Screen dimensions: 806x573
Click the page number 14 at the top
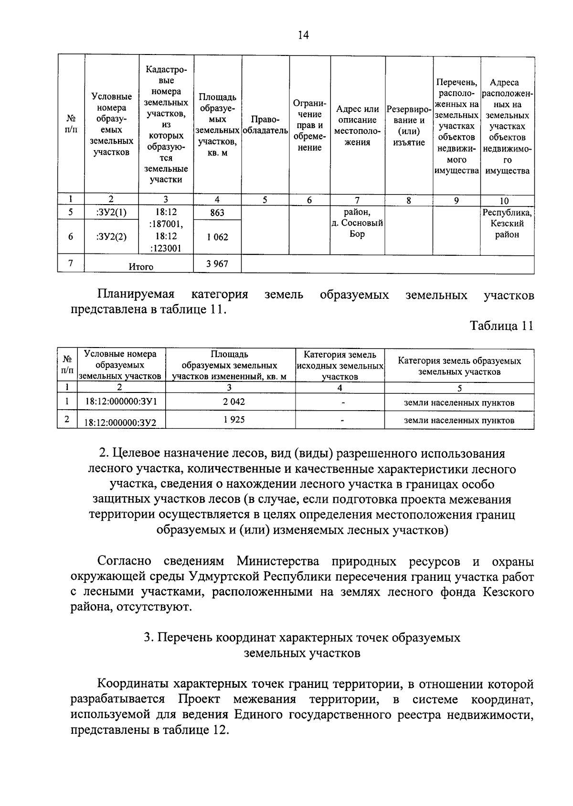point(303,35)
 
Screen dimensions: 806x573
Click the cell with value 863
point(217,213)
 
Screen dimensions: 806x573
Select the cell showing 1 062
point(217,237)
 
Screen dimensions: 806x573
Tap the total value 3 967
point(217,264)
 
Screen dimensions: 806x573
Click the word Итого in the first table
point(141,267)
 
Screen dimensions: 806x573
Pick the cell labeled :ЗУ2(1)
point(111,213)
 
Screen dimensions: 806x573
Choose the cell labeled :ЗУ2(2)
point(111,236)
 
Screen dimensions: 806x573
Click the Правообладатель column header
point(265,125)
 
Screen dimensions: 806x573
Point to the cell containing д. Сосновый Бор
point(358,223)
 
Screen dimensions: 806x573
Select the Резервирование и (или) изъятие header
point(409,125)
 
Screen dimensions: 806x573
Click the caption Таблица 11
point(501,326)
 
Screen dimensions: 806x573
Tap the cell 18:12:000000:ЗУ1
point(121,403)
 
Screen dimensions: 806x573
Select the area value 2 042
point(233,402)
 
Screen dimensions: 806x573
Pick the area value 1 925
point(233,420)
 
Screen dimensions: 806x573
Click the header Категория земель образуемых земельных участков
point(459,366)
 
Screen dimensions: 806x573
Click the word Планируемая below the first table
point(136,294)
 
